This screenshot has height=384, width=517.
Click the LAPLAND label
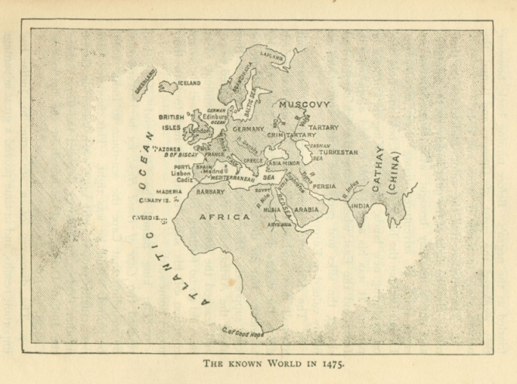point(271,57)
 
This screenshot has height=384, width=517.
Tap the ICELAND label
point(189,83)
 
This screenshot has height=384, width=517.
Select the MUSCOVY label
point(305,104)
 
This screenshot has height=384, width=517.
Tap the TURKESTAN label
point(338,153)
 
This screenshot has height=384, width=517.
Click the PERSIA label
point(325,186)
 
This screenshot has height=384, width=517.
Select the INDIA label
point(360,206)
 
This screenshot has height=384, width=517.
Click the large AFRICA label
point(225,217)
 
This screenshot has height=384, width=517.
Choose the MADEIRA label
point(168,191)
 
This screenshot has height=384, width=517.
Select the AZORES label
point(169,148)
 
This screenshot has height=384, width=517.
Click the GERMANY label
point(248,129)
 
